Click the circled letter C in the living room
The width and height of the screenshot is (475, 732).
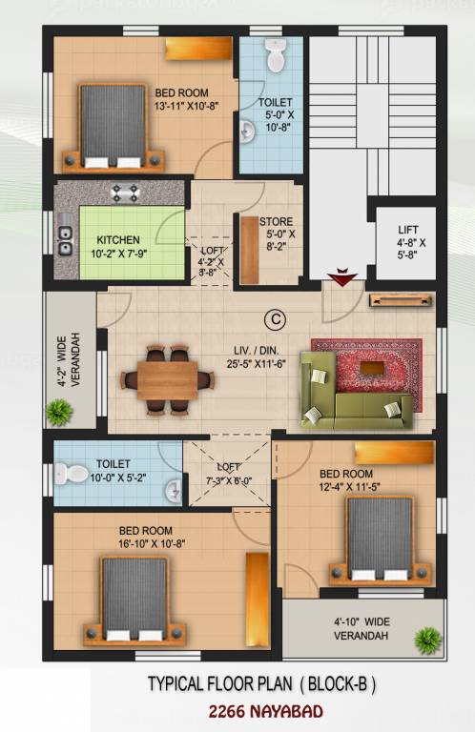tap(275, 318)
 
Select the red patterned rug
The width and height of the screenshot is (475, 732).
tap(365, 362)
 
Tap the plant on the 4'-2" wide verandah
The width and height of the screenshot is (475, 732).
tap(60, 411)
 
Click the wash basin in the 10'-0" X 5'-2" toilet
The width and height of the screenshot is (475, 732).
tap(172, 491)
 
